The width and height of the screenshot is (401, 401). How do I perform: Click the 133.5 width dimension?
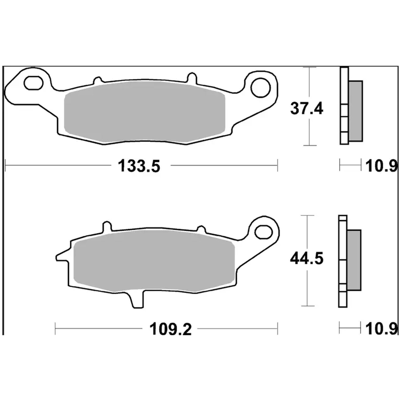tap(139, 166)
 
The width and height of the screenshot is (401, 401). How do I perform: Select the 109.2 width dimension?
tap(171, 329)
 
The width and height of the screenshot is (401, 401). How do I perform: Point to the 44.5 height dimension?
tap(307, 259)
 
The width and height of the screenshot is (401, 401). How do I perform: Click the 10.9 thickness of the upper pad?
tap(382, 166)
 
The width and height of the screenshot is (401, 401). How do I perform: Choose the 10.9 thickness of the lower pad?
tap(382, 329)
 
